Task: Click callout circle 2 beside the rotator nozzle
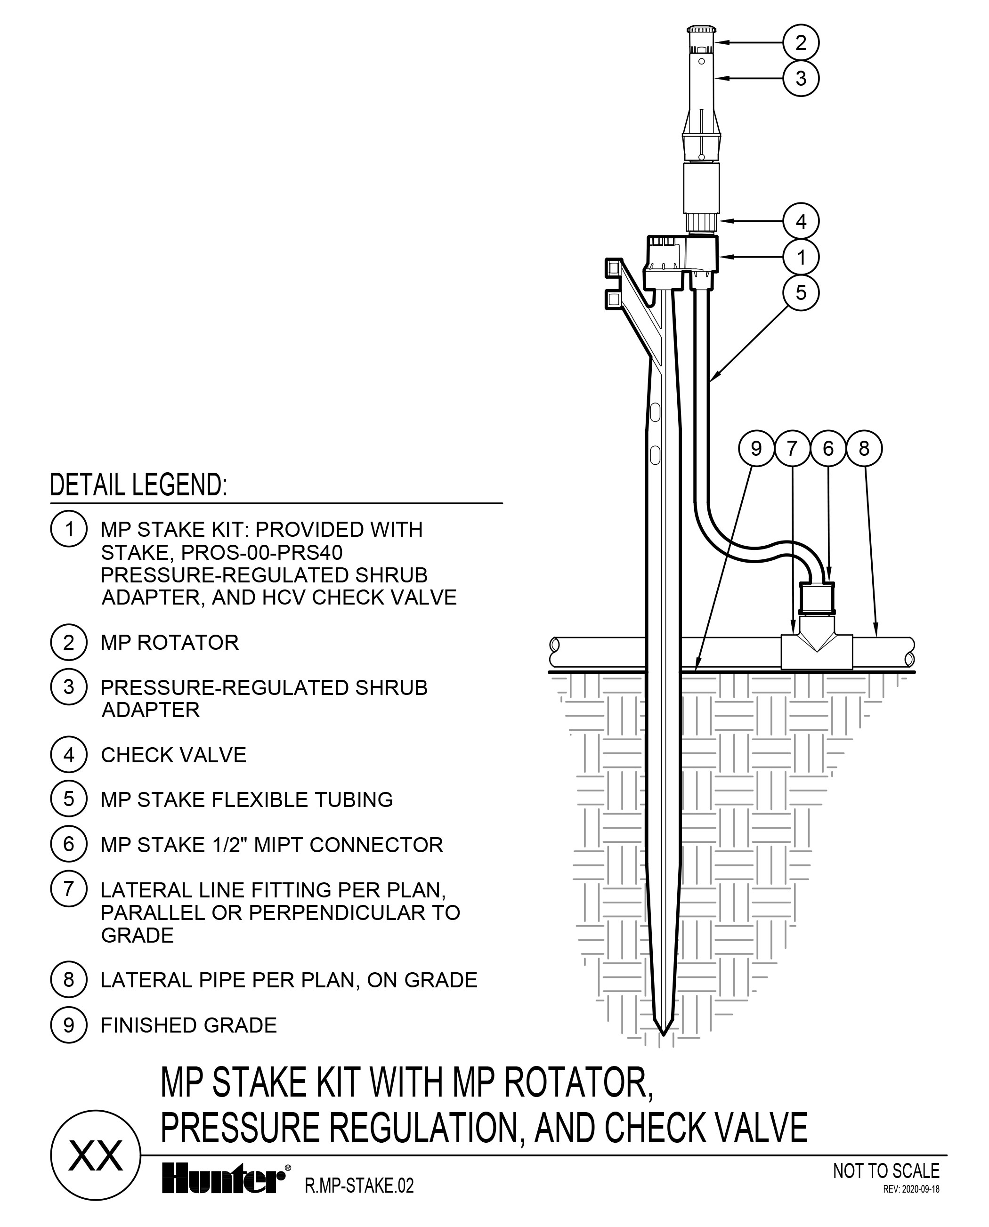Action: [x=801, y=43]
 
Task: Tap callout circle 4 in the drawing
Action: [x=801, y=221]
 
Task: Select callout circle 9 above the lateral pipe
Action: [x=756, y=449]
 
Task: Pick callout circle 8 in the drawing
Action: [x=864, y=449]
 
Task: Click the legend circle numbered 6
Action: [x=68, y=844]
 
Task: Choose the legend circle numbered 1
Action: [x=68, y=529]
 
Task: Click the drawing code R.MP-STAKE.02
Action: [x=359, y=1186]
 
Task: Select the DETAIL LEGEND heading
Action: [x=138, y=485]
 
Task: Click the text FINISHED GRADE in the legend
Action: [x=188, y=1025]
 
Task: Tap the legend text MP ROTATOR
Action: [x=169, y=643]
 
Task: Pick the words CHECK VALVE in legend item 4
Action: [x=173, y=755]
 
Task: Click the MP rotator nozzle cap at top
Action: [x=701, y=30]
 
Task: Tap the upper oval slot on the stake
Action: [x=655, y=412]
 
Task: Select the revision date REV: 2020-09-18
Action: [x=910, y=1189]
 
